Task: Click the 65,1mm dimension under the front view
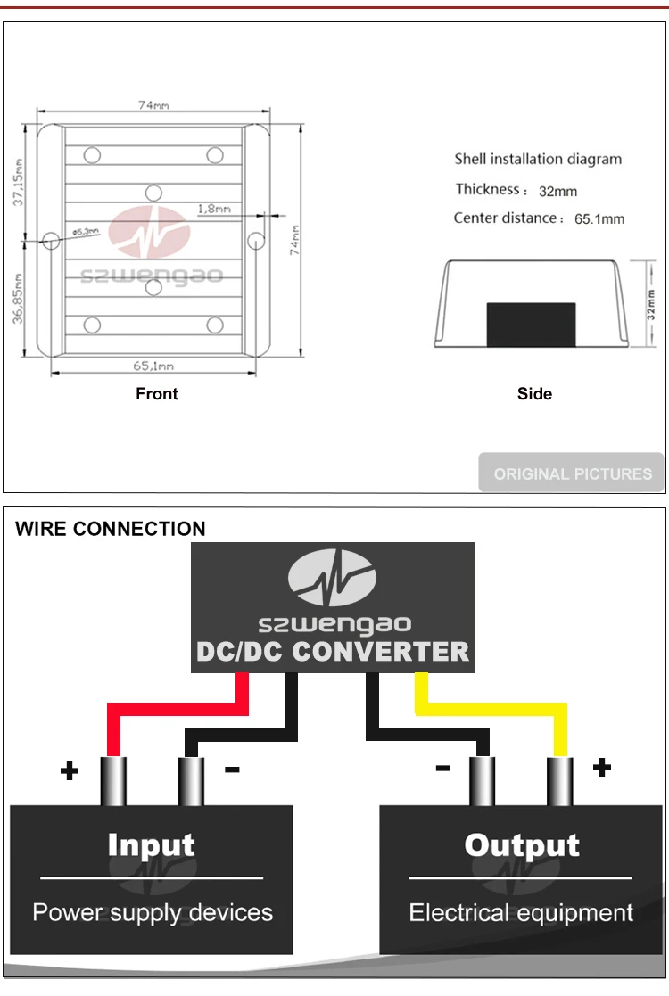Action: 153,366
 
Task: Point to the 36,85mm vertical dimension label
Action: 19,298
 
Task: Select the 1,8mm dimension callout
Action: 214,209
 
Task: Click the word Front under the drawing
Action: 157,394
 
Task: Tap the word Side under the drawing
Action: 534,394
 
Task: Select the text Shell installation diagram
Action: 538,160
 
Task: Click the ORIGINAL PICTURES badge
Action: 573,473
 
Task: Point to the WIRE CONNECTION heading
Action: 111,529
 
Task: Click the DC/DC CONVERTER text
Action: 332,652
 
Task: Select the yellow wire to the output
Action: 491,709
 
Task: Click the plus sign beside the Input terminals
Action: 69,771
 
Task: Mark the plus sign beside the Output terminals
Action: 602,767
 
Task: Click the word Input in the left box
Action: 151,845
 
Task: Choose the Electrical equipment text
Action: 521,913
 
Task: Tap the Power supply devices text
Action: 153,913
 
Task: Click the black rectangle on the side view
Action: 531,325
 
